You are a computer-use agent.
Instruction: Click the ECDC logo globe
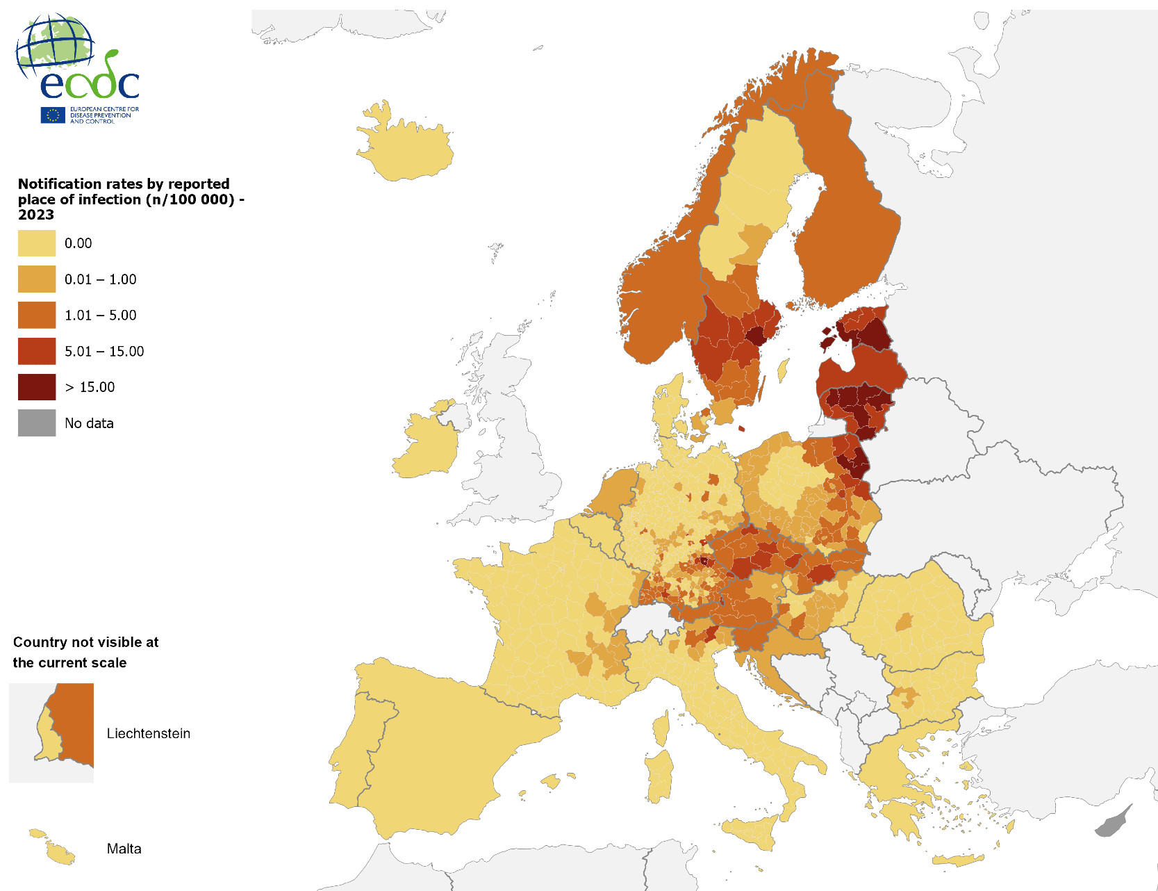56,44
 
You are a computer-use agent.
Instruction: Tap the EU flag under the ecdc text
53,115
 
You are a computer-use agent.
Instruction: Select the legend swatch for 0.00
37,243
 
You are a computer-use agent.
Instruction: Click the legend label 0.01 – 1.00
100,279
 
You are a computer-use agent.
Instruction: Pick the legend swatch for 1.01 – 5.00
37,315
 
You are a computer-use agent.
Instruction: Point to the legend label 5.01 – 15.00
104,352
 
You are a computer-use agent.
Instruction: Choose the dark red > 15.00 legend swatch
37,387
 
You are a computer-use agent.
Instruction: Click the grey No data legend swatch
37,423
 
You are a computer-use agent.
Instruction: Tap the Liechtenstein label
148,733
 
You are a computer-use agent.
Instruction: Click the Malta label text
124,849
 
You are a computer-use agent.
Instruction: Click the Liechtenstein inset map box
51,733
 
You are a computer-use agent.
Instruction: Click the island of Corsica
661,727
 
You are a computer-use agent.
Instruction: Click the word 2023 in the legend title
35,215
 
